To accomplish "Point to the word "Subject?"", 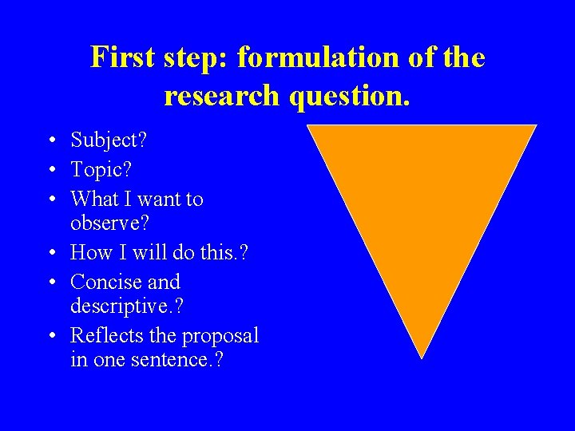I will coord(109,141).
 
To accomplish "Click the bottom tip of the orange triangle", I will coord(421,357).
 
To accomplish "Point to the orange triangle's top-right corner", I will coord(535,126).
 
